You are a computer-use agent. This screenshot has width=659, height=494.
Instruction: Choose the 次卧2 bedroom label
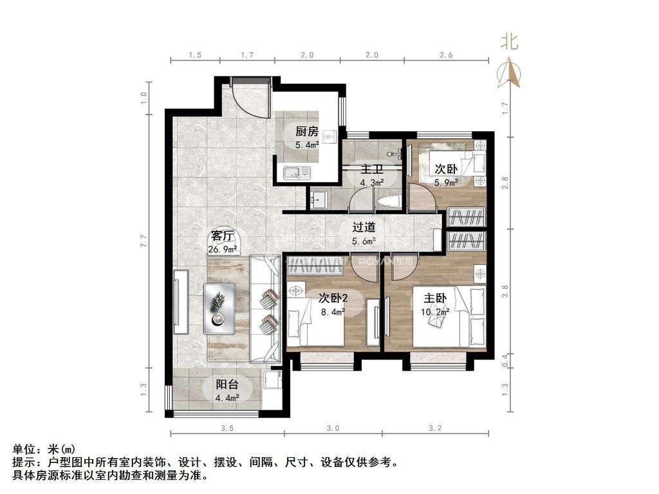pyautogui.click(x=333, y=298)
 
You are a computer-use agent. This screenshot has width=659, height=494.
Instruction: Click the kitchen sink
pyautogui.click(x=297, y=172)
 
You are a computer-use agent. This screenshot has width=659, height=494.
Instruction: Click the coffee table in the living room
pyautogui.click(x=219, y=308)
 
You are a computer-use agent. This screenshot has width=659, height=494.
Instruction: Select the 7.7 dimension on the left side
pyautogui.click(x=144, y=241)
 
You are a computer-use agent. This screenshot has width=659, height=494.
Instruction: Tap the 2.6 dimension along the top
pyautogui.click(x=445, y=55)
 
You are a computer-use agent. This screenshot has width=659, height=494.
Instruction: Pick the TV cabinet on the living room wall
pyautogui.click(x=181, y=302)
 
